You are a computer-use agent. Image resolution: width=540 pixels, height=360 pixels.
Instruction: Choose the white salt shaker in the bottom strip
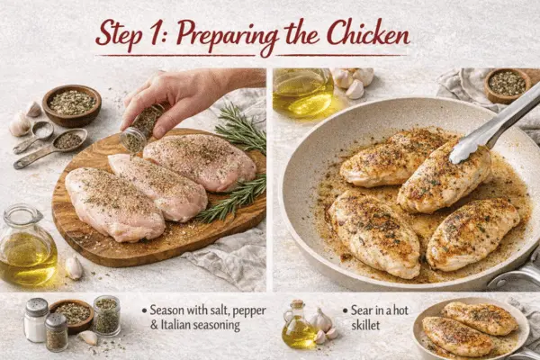[36, 321]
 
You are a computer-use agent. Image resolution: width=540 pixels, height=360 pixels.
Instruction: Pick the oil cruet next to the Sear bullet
[299, 326]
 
